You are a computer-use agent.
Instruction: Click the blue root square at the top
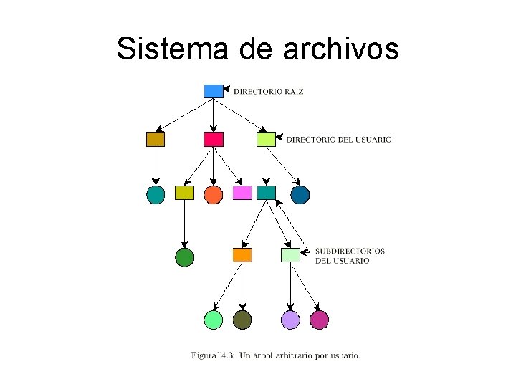pyautogui.click(x=214, y=91)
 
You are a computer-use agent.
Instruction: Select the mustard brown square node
pyautogui.click(x=156, y=139)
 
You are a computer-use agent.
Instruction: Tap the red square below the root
pyautogui.click(x=214, y=139)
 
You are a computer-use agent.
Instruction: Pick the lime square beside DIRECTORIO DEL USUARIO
pyautogui.click(x=266, y=139)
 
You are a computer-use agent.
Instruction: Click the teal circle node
pyautogui.click(x=156, y=194)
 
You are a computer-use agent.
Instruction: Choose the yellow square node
pyautogui.click(x=185, y=193)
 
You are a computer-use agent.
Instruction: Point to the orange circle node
pyautogui.click(x=214, y=194)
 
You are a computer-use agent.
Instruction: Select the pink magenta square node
pyautogui.click(x=242, y=193)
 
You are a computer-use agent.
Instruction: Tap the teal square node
pyautogui.click(x=266, y=193)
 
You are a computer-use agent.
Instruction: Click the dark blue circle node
pyautogui.click(x=300, y=194)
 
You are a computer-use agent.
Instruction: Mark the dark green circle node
pyautogui.click(x=185, y=257)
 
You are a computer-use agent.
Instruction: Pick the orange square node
pyautogui.click(x=242, y=255)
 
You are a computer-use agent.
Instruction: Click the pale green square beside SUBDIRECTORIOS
pyautogui.click(x=290, y=254)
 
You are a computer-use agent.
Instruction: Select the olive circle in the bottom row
pyautogui.click(x=242, y=320)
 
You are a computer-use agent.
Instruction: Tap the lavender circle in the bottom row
pyautogui.click(x=290, y=320)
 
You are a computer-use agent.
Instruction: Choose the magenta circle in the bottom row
pyautogui.click(x=319, y=320)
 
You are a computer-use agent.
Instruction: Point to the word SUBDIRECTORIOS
pyautogui.click(x=350, y=251)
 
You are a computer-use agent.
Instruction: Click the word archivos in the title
pyautogui.click(x=340, y=49)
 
